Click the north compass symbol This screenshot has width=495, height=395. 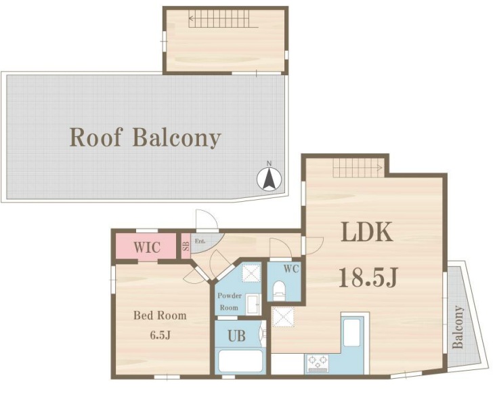tap(269, 178)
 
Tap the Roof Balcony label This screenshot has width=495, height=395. tap(145, 138)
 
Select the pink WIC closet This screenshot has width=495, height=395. tap(146, 246)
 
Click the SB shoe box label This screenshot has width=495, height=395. tap(186, 246)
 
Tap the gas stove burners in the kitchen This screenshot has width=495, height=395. tap(317, 364)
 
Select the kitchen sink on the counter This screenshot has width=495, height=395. tap(351, 333)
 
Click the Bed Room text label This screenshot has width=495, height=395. tap(160, 316)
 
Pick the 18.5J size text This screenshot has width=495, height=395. tap(368, 278)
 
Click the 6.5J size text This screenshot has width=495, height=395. tap(160, 335)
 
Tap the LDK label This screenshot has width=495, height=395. tap(367, 232)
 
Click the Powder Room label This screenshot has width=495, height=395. tap(230, 302)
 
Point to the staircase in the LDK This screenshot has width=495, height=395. tap(358, 167)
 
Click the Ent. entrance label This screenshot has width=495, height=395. tap(200, 241)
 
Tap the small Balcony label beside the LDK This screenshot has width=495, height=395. tap(458, 327)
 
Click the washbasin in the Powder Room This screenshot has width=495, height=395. tap(253, 304)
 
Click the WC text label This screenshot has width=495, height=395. tap(291, 269)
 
